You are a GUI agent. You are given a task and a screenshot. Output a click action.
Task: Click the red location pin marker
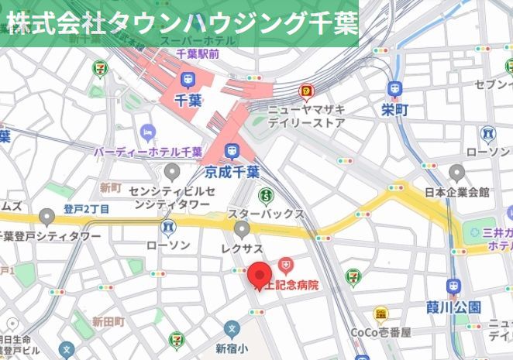coord(259,275)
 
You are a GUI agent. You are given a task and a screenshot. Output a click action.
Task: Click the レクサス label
coord(243,245)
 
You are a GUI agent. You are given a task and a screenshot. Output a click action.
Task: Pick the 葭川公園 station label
coord(454,307)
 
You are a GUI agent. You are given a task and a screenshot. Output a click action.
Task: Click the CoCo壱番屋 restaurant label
coord(380,333)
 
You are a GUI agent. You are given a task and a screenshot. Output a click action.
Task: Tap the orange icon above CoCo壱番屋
coord(380,314)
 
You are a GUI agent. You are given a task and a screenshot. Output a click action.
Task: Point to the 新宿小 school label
coord(231,348)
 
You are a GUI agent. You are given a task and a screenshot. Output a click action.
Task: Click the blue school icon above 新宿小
coord(231,329)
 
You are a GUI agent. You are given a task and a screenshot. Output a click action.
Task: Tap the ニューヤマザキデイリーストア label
coord(306,115)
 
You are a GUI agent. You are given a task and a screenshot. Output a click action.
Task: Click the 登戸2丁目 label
coord(87,209)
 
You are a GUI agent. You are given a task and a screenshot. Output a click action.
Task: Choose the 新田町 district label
coord(108,321)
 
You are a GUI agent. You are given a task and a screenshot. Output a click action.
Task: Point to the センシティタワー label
coord(170,197)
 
